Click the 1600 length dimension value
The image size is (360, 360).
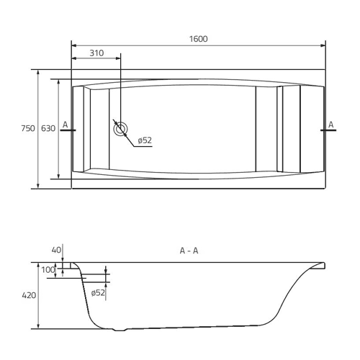pyautogui.click(x=199, y=39)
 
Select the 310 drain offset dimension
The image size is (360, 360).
pyautogui.click(x=96, y=53)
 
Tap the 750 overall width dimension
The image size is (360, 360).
pyautogui.click(x=28, y=128)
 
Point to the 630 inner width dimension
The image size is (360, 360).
pyautogui.click(x=48, y=128)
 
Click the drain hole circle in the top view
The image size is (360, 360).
pyautogui.click(x=120, y=129)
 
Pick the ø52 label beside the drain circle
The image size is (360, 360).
pyautogui.click(x=145, y=140)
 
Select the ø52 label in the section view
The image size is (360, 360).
pyautogui.click(x=98, y=293)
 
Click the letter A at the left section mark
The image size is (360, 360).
pyautogui.click(x=65, y=125)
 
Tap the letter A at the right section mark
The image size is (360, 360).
pyautogui.click(x=331, y=125)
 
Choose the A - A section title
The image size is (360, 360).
pyautogui.click(x=189, y=251)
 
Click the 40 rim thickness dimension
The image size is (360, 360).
pyautogui.click(x=56, y=250)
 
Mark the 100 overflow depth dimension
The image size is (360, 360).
pyautogui.click(x=48, y=270)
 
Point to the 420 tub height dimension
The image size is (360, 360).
pyautogui.click(x=29, y=295)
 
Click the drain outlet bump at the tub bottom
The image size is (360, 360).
pyautogui.click(x=120, y=330)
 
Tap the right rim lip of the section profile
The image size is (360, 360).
pyautogui.click(x=320, y=265)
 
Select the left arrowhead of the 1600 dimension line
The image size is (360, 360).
pyautogui.click(x=74, y=45)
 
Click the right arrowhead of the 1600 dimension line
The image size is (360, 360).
pyautogui.click(x=323, y=45)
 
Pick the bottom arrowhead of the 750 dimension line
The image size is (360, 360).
pyautogui.click(x=38, y=186)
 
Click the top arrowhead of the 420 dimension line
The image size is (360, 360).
pyautogui.click(x=38, y=266)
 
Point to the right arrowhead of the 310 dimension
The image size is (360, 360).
pyautogui.click(x=118, y=58)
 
